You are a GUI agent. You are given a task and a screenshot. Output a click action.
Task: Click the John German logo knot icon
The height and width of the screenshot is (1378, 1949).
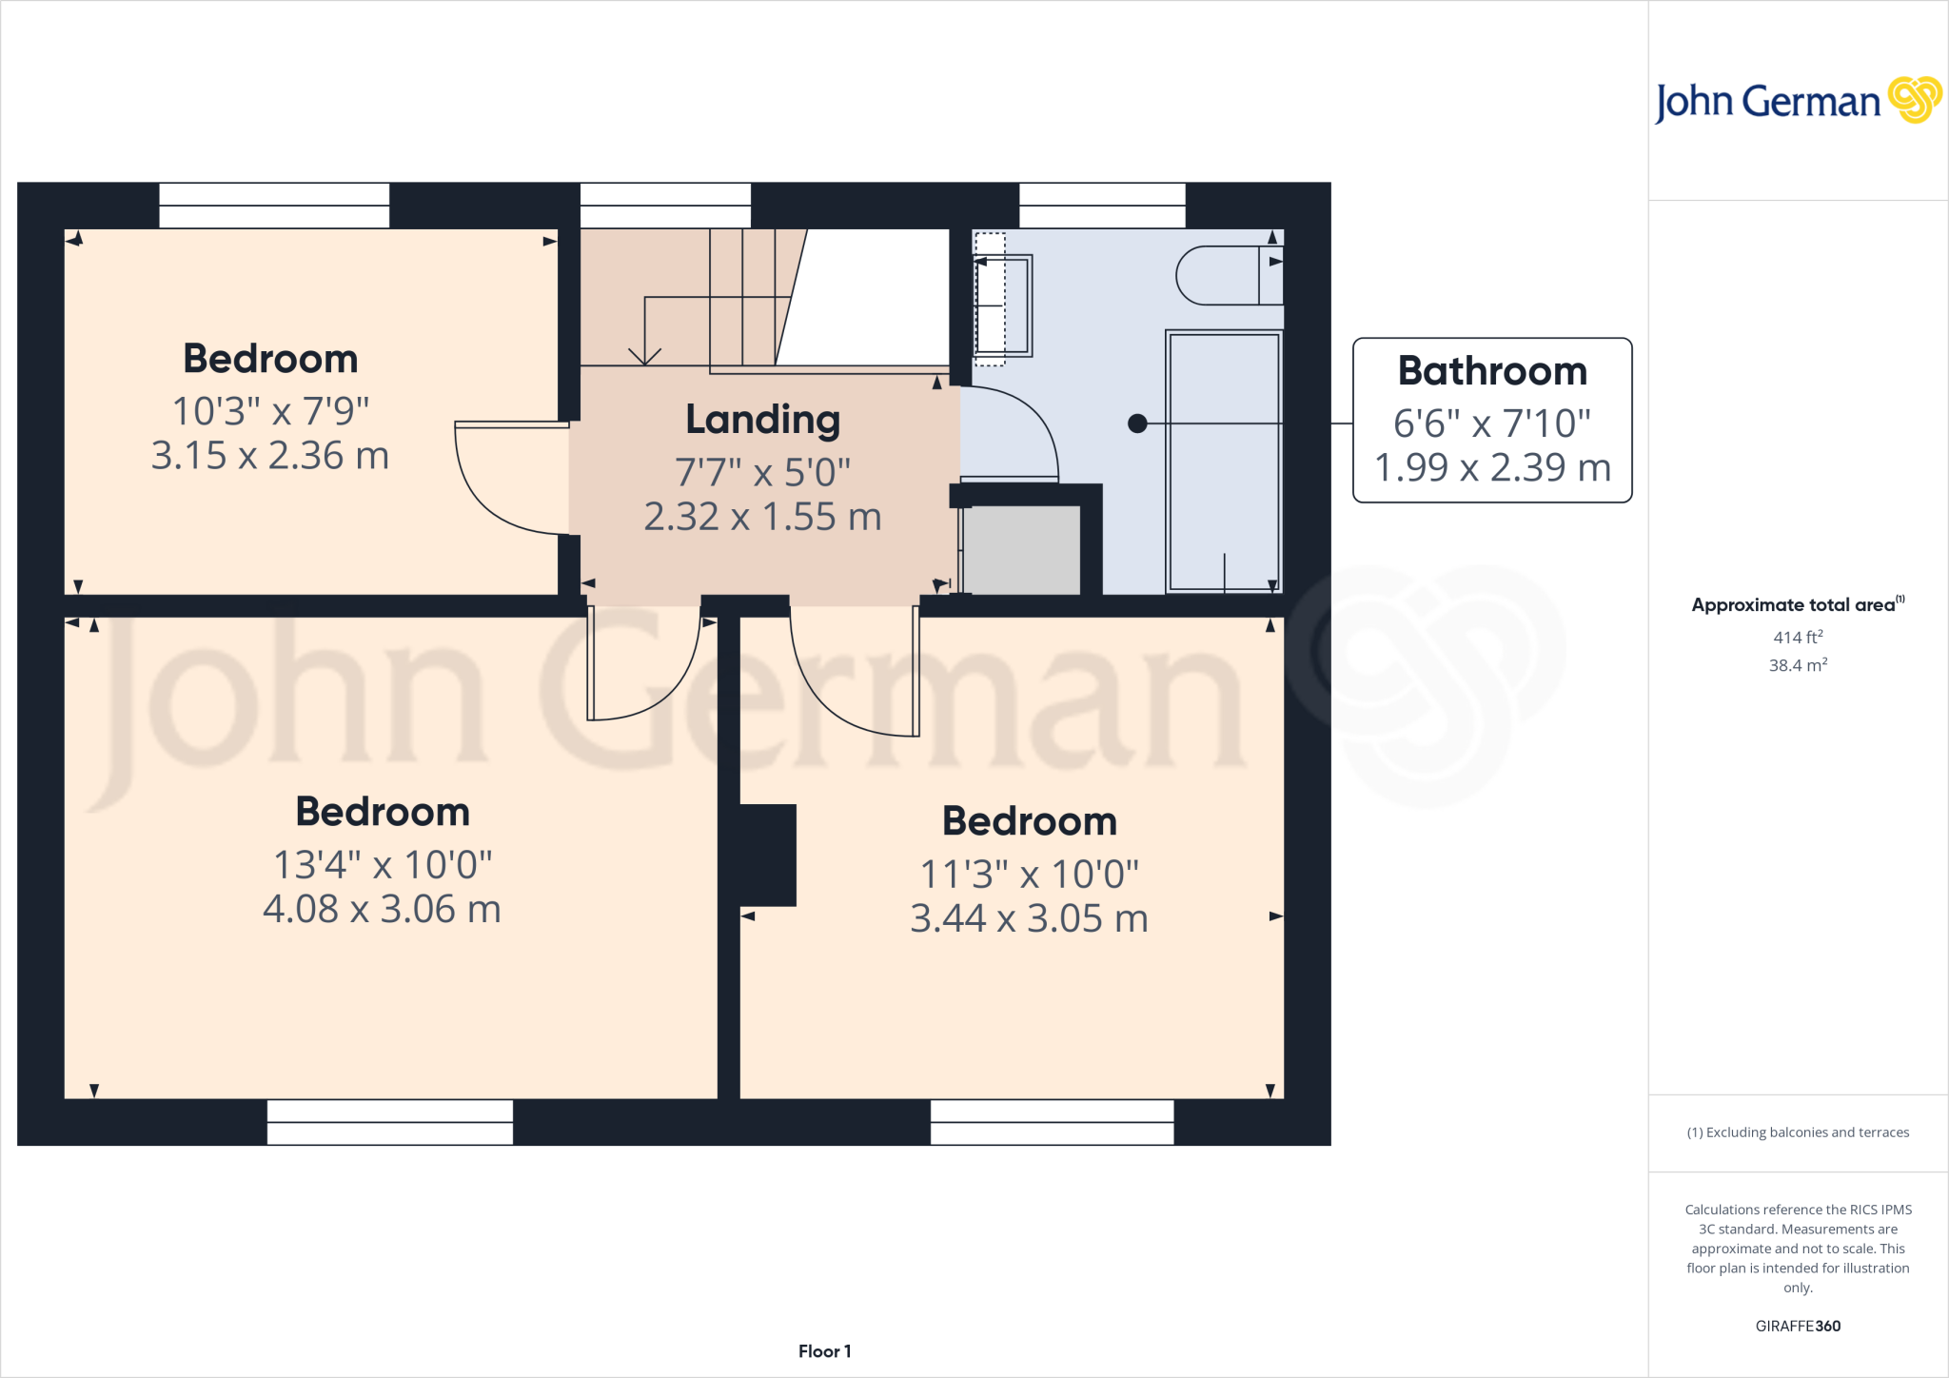coord(1914,100)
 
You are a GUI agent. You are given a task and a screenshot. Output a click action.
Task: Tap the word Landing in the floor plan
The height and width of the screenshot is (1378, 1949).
coord(762,420)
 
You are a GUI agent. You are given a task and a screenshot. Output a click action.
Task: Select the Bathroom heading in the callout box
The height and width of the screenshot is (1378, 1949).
coord(1492,371)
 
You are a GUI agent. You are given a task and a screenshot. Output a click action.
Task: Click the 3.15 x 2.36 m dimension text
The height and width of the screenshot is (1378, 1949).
coord(270,456)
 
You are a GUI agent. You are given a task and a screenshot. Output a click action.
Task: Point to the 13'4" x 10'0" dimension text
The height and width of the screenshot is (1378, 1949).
coord(383,865)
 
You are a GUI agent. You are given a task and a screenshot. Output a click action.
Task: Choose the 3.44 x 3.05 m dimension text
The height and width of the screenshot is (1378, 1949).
coord(1029,919)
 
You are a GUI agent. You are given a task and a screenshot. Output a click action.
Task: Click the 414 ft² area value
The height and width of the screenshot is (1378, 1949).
coord(1797,638)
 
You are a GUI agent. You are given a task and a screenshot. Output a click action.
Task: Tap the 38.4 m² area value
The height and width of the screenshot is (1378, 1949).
coord(1797,665)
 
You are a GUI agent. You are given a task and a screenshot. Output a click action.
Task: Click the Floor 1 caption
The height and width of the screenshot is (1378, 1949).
coord(824,1351)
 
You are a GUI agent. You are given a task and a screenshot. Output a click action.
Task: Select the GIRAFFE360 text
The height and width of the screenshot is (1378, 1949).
coord(1797,1326)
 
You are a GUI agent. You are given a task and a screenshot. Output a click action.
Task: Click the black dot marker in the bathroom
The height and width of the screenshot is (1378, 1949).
coord(1137,423)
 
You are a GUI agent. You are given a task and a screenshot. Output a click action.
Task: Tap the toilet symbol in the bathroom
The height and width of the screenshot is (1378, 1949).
coord(1228,276)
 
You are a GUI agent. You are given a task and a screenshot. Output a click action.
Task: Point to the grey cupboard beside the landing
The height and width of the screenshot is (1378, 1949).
coord(1021,550)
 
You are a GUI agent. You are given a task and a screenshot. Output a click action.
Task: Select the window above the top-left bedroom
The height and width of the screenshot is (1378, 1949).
coord(274,206)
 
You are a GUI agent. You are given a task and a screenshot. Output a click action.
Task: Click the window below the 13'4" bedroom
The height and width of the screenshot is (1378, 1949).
coord(390,1122)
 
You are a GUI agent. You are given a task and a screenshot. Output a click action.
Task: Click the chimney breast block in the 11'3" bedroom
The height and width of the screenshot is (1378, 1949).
coord(768,855)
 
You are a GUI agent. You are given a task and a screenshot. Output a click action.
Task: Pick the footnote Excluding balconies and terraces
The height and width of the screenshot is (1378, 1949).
coord(1797,1132)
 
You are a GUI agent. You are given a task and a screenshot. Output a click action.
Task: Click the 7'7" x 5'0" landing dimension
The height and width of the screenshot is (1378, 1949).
coord(762,472)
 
